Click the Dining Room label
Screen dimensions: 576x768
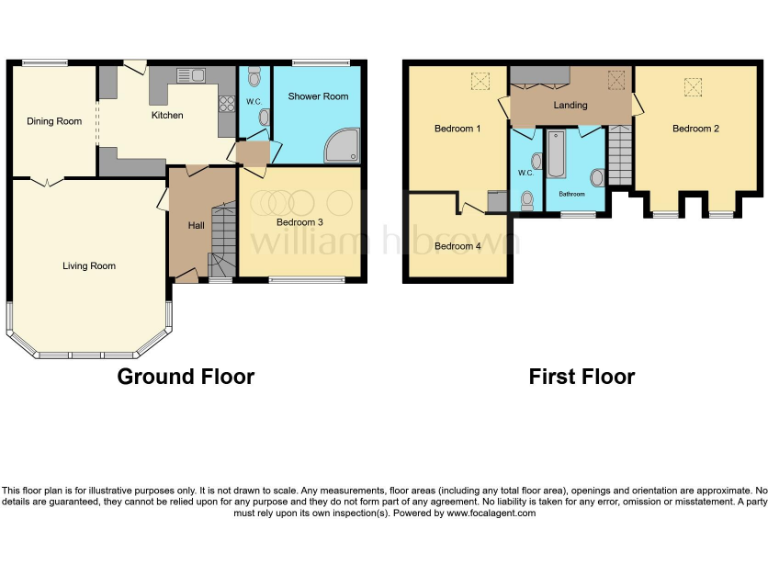[54, 122]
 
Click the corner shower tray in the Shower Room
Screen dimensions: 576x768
[345, 147]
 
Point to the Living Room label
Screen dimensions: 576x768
[89, 266]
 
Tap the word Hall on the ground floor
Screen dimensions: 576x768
[196, 226]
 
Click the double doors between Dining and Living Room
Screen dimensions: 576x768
[42, 182]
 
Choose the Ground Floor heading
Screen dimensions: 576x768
[186, 377]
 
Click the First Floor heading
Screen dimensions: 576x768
[582, 377]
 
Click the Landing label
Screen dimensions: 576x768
[571, 105]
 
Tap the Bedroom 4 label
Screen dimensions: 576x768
[457, 246]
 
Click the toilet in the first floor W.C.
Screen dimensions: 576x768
[527, 201]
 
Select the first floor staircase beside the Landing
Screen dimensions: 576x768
[620, 155]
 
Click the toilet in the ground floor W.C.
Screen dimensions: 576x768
[255, 76]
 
